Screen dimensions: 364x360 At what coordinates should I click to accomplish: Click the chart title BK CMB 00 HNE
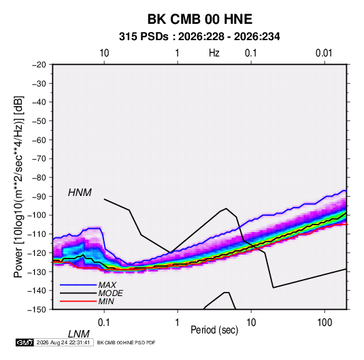[x=199, y=19]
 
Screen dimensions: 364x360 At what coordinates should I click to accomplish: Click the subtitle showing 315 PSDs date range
[x=199, y=37]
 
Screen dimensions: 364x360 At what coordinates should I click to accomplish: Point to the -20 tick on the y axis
[x=39, y=65]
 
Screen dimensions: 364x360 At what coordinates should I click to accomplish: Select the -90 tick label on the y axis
[x=39, y=197]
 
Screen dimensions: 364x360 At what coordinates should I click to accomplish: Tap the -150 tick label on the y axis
[x=37, y=310]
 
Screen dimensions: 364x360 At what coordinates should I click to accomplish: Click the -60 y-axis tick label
[x=39, y=140]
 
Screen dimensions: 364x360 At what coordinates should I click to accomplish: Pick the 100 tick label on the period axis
[x=325, y=323]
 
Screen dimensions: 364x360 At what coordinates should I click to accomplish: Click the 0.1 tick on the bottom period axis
[x=104, y=323]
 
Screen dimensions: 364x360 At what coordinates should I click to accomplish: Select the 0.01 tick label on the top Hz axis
[x=324, y=53]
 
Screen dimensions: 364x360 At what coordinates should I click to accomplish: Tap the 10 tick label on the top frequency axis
[x=104, y=53]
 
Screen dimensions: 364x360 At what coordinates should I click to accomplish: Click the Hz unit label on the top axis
[x=214, y=53]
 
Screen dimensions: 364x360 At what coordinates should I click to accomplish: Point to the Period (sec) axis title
[x=214, y=330]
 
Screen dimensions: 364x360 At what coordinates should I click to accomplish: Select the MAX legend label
[x=107, y=285]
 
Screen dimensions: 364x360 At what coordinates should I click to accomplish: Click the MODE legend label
[x=110, y=293]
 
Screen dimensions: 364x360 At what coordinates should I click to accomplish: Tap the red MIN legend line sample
[x=78, y=301]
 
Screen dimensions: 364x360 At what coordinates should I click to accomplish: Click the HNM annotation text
[x=80, y=193]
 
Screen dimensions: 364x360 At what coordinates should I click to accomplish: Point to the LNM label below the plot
[x=78, y=334]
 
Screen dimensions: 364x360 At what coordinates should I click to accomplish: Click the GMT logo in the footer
[x=24, y=342]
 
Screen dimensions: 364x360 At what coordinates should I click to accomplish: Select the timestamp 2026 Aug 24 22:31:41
[x=63, y=342]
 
